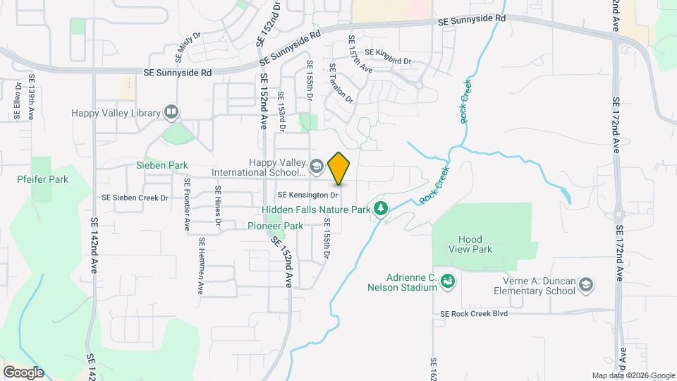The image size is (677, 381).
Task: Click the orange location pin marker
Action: [339, 168]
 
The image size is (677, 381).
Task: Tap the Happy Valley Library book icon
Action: [171, 111]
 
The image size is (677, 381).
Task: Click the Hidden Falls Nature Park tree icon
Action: [381, 209]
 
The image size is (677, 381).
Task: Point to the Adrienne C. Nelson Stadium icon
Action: [447, 282]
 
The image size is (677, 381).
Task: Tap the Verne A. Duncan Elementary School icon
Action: [585, 285]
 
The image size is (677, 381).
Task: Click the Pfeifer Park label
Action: [43, 179]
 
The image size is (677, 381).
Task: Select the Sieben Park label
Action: [162, 165]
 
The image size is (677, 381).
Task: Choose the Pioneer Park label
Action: [275, 226]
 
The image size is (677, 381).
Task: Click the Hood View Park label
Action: [470, 244]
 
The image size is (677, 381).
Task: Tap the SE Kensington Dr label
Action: [309, 194]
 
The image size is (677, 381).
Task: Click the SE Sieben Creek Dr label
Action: [135, 198]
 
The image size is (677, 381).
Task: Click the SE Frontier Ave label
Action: [187, 204]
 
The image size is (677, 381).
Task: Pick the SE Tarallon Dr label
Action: [341, 83]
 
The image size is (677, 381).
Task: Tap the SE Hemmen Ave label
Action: [201, 265]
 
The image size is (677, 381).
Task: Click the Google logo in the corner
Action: [23, 372]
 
